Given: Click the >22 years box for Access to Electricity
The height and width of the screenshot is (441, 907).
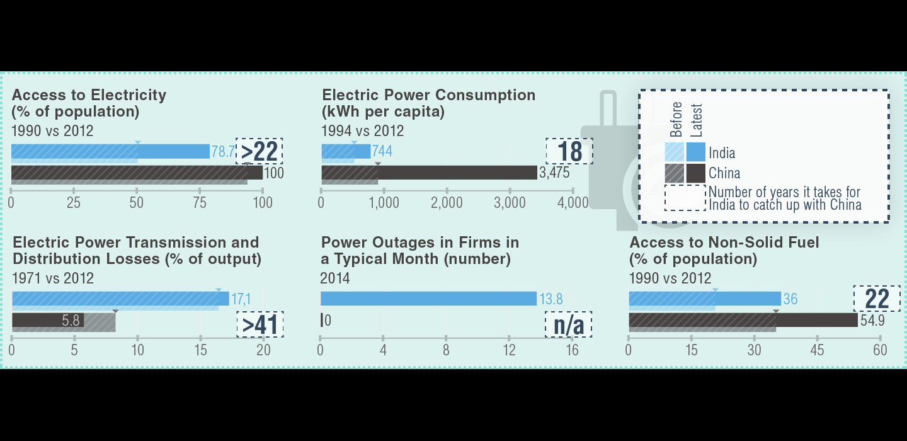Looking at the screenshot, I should coord(259,151).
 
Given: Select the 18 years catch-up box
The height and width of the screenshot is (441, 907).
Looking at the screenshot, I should coord(569,151).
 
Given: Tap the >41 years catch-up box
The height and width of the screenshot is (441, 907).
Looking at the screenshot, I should coord(260,324).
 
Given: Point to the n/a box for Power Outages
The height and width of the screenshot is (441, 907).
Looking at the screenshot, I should coord(569,324).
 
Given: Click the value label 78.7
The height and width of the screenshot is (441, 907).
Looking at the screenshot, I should coord(222,152).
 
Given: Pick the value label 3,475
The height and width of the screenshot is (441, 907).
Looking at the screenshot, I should coord(554,173).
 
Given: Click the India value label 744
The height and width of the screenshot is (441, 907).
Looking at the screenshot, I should coord(382,152).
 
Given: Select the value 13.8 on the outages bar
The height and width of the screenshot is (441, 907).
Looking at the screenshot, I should coord(550,299).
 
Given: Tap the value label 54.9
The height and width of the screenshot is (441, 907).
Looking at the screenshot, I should coord(872,320).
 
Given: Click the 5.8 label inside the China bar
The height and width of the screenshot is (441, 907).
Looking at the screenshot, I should coord(71,321).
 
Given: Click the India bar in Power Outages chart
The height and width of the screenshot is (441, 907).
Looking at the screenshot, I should coord(428,299).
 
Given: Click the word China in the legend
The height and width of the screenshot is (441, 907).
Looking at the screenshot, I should coord(724,173).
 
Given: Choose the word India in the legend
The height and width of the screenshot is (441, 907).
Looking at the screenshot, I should coord(722,153).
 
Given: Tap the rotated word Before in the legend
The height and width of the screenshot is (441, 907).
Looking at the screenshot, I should coord(676,120).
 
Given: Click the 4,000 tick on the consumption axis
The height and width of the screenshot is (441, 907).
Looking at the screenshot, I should coord(573,203).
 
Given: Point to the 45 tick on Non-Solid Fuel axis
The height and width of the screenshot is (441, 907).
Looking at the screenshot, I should coord(817,350).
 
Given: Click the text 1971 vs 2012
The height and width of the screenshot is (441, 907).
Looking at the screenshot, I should coord(53,278).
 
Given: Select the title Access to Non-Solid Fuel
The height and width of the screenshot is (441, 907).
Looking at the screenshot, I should coord(724,243).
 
